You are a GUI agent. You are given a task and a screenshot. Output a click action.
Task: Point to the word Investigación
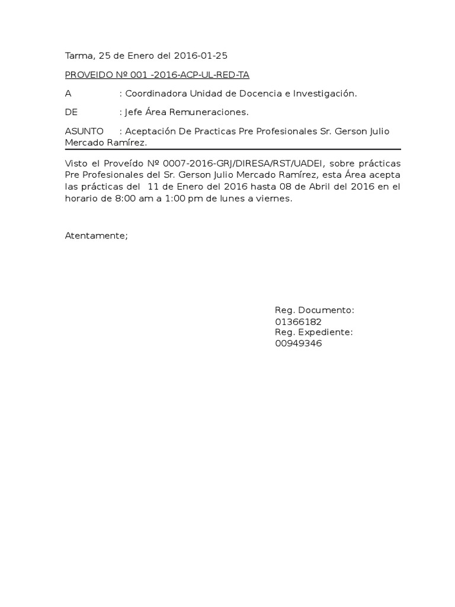323,94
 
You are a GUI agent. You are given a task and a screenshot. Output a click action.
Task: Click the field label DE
71,112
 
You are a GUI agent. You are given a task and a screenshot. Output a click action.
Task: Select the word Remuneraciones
209,112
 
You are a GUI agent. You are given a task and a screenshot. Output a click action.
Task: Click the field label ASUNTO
84,131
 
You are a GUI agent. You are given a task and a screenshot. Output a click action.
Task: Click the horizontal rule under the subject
233,149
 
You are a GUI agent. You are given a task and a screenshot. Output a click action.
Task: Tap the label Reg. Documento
314,311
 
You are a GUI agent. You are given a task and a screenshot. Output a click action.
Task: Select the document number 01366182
298,322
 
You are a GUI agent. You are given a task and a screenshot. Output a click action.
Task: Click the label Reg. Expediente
313,333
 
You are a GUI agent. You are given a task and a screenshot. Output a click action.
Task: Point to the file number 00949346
298,344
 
